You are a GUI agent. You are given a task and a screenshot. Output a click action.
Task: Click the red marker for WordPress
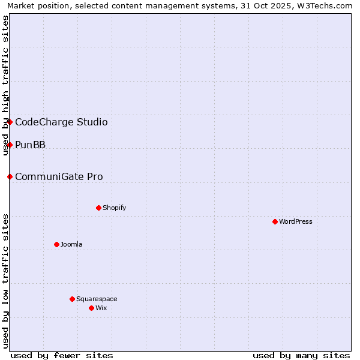click(x=275, y=221)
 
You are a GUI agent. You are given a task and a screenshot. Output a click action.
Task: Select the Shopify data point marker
click(x=98, y=208)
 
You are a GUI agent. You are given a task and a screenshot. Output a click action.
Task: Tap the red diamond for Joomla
click(x=56, y=244)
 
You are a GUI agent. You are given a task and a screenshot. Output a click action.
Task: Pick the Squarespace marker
click(x=72, y=299)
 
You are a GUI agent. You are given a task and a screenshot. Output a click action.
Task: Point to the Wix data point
click(x=91, y=308)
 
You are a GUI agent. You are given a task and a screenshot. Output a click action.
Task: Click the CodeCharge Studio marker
click(x=10, y=122)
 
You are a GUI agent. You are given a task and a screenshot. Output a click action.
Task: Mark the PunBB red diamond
click(x=10, y=145)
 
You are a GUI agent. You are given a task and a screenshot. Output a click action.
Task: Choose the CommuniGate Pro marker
click(x=10, y=176)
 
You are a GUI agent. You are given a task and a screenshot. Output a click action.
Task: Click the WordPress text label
click(x=296, y=221)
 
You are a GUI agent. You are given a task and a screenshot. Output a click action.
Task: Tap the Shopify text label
click(x=114, y=208)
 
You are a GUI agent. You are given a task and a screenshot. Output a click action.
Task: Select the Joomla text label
click(x=71, y=244)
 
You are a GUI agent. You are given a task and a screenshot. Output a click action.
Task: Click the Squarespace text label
click(x=97, y=299)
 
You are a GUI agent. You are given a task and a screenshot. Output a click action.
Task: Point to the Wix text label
click(x=101, y=308)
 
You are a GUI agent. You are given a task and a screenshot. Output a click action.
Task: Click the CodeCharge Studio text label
click(x=61, y=122)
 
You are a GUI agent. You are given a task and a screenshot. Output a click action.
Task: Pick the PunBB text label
click(x=30, y=145)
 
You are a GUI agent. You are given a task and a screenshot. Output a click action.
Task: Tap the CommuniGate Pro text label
click(x=59, y=177)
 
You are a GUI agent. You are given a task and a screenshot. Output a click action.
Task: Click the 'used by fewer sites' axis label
click(x=62, y=355)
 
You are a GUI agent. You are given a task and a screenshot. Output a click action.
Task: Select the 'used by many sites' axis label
click(x=301, y=355)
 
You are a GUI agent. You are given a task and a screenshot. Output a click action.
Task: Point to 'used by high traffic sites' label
click(x=6, y=85)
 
